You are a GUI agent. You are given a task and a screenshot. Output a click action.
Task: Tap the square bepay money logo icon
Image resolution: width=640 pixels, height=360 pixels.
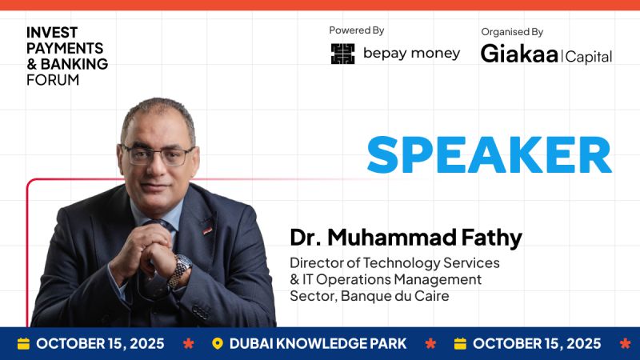(x=342, y=54)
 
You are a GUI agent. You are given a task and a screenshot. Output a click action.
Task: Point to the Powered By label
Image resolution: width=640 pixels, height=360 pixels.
(x=357, y=30)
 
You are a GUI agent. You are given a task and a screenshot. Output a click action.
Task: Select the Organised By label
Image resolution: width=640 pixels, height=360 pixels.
(x=512, y=32)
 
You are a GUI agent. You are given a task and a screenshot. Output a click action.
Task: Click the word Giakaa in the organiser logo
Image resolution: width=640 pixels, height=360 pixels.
(x=519, y=54)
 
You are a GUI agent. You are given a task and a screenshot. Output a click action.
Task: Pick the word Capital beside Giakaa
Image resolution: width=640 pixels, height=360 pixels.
(x=589, y=57)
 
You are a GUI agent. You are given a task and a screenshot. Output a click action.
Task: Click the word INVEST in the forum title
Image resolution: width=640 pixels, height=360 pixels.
(x=52, y=32)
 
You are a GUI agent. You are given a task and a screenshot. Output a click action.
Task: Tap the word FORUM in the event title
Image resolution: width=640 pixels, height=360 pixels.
(x=53, y=80)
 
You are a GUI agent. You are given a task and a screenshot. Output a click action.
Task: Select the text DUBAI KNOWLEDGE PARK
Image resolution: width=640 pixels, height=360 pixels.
(x=318, y=344)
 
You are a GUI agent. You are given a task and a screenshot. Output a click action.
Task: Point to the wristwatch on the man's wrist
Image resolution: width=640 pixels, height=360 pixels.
(x=182, y=268)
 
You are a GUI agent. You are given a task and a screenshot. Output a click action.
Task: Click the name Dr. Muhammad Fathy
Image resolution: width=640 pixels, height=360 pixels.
(x=406, y=238)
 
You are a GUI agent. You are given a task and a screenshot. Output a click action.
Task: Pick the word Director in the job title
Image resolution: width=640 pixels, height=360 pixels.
(x=316, y=262)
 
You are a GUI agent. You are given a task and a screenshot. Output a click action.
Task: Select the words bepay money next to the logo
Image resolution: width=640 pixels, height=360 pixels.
(x=411, y=54)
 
